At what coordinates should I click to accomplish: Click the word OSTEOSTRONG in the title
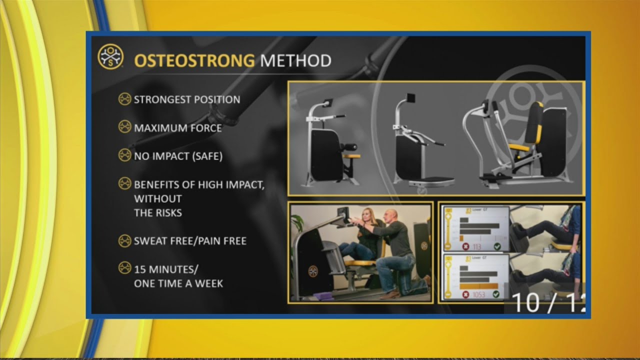(194, 61)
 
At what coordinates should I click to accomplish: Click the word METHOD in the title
(295, 61)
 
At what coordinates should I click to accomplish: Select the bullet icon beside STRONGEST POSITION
(124, 99)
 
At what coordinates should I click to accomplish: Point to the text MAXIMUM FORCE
(177, 128)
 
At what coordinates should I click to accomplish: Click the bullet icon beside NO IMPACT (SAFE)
(124, 155)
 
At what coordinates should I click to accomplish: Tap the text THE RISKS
(157, 212)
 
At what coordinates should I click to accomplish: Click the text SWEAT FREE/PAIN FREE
(190, 241)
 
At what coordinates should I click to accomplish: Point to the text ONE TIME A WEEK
(178, 283)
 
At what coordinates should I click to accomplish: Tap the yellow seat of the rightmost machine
(519, 147)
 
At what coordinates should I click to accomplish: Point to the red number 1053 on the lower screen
(478, 294)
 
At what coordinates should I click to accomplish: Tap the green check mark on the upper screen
(497, 246)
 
